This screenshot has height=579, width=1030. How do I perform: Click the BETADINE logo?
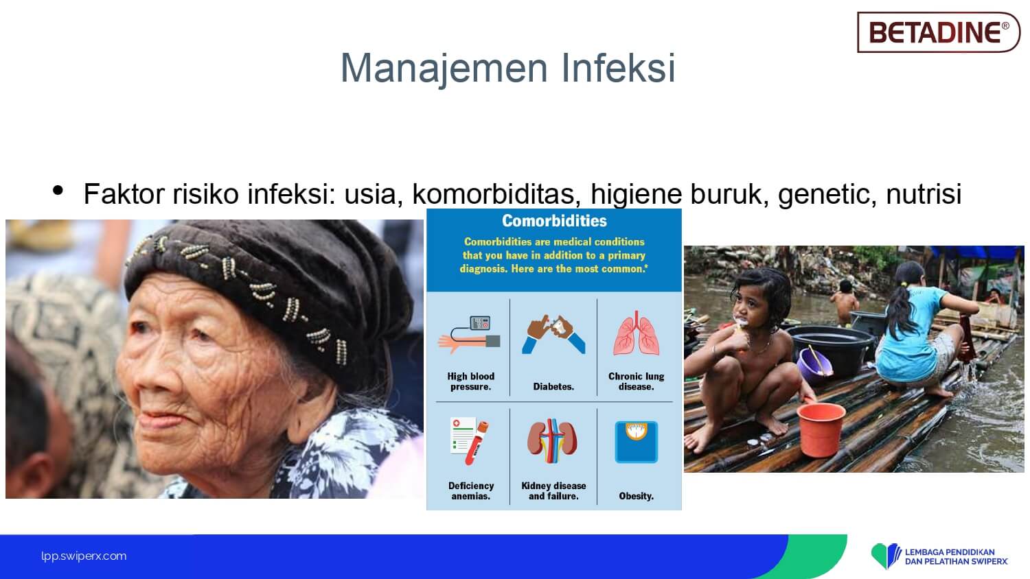pyautogui.click(x=938, y=32)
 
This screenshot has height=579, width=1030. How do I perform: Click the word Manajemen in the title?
pyautogui.click(x=444, y=68)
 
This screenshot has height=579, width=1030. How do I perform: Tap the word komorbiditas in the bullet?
pyautogui.click(x=494, y=193)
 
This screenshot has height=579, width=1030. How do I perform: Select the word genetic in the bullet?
pyautogui.click(x=823, y=194)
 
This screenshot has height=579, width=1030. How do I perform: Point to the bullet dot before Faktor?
pyautogui.click(x=58, y=190)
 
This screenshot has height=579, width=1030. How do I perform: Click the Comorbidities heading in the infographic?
pyautogui.click(x=554, y=221)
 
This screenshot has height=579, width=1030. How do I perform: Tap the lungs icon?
pyautogui.click(x=636, y=333)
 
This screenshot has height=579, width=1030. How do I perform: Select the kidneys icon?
pyautogui.click(x=552, y=440)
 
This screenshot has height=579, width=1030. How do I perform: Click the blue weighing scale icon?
pyautogui.click(x=637, y=442)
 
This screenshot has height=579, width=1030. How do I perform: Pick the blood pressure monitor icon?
pyautogui.click(x=469, y=335)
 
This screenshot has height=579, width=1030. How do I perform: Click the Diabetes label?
pyautogui.click(x=553, y=386)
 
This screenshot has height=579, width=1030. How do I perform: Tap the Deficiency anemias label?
pyautogui.click(x=471, y=491)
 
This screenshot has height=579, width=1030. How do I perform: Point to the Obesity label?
pyautogui.click(x=636, y=496)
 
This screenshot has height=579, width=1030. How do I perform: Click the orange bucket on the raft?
pyautogui.click(x=821, y=429)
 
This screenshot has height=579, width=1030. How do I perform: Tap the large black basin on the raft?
pyautogui.click(x=832, y=348)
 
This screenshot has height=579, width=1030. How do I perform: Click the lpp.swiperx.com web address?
pyautogui.click(x=84, y=556)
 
